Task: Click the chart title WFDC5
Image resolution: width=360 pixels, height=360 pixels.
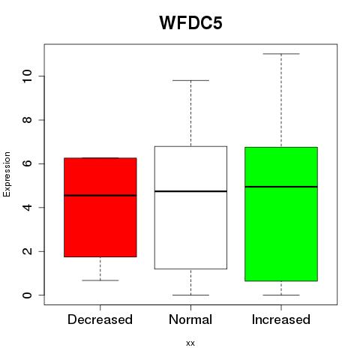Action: point(190,22)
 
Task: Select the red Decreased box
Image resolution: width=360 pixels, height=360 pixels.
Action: point(100,207)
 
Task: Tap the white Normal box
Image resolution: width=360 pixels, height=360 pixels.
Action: point(190,208)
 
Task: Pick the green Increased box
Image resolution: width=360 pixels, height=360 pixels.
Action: point(281,214)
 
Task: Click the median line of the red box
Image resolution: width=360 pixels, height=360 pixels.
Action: point(100,196)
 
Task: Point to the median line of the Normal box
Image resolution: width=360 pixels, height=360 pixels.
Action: point(190,191)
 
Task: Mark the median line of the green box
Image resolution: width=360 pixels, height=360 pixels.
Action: point(281,187)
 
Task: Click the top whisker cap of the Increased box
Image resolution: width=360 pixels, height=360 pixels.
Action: point(281,54)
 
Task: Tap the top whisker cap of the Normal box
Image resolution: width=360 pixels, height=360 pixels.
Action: point(190,80)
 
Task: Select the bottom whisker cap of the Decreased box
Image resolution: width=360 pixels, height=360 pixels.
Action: point(100,280)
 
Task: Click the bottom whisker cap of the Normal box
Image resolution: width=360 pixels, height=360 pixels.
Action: point(190,295)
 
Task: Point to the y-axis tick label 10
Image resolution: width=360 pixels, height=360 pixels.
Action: point(27,76)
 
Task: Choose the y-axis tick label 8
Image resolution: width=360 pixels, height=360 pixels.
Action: point(27,120)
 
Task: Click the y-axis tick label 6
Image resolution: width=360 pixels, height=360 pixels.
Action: point(27,163)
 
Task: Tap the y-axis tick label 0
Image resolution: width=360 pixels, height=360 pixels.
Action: point(27,295)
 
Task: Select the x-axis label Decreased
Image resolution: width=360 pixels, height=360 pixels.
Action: point(100,319)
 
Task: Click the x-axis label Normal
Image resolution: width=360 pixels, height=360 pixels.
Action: point(190,319)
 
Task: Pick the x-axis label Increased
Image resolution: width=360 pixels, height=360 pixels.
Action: point(281,319)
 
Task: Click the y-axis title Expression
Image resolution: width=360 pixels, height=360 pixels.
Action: point(7,174)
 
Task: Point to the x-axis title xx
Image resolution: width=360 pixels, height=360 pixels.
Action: point(190,343)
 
